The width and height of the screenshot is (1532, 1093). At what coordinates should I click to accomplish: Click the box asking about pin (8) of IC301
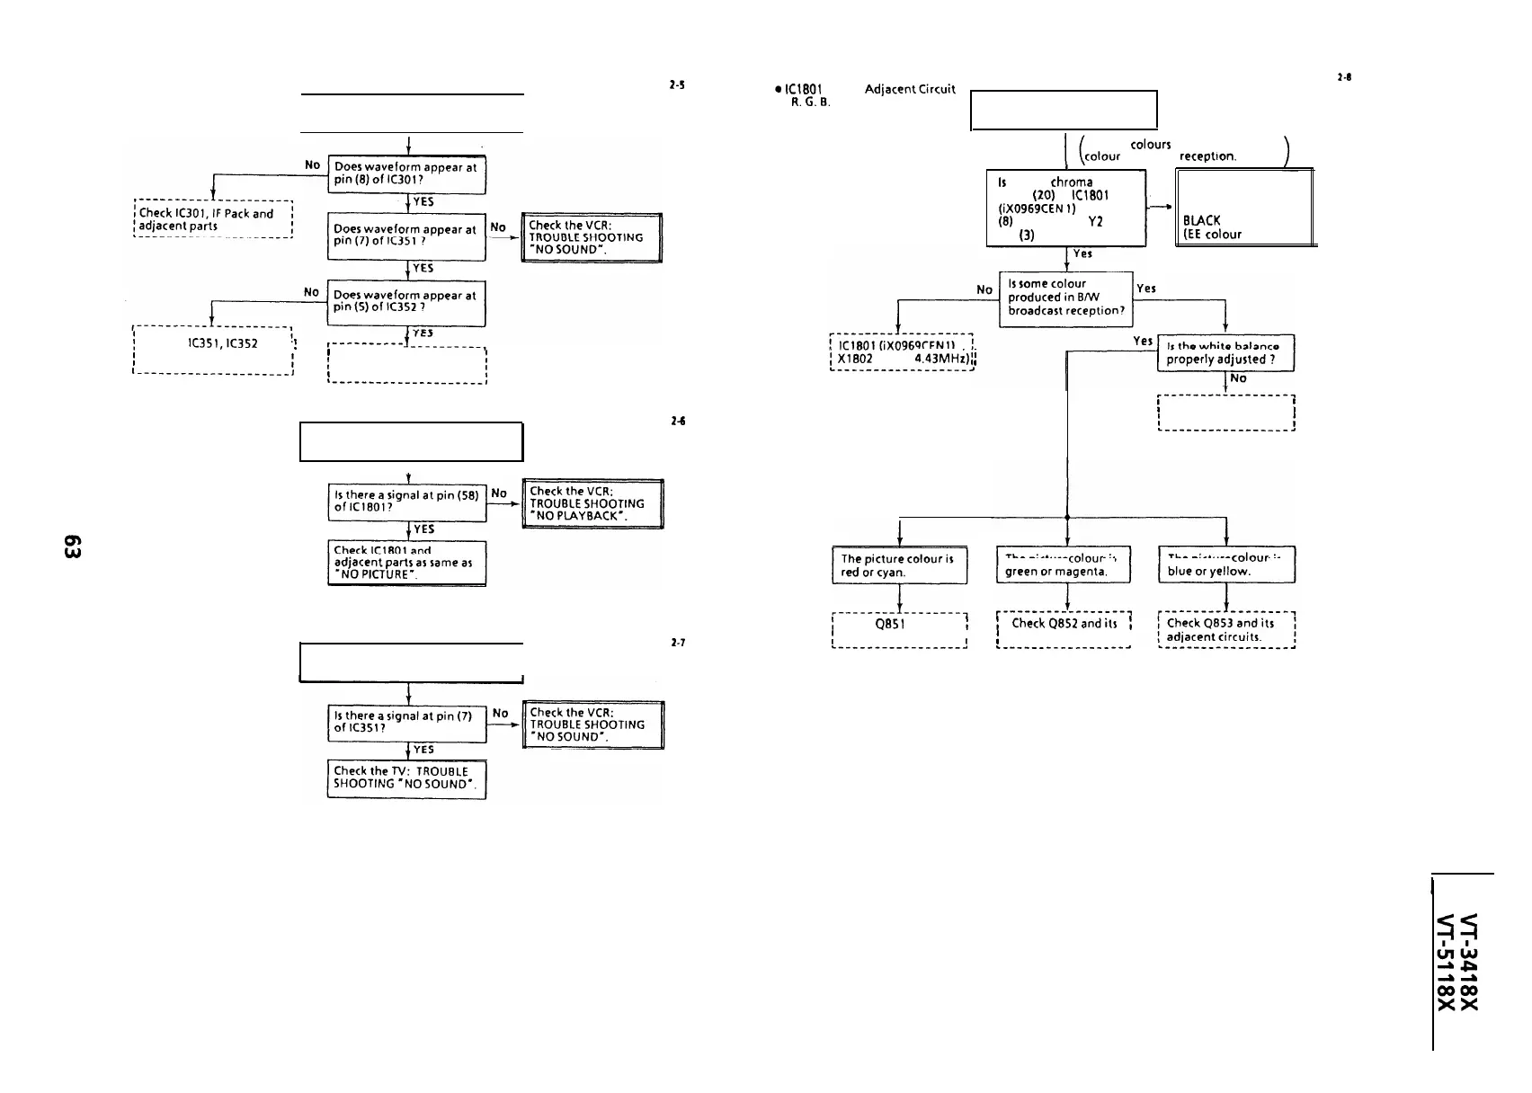406,173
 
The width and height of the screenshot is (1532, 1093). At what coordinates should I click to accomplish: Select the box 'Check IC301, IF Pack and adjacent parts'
213,219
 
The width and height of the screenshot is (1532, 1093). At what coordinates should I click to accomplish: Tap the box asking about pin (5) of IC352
406,302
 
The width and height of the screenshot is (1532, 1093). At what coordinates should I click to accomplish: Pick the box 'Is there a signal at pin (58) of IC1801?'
406,501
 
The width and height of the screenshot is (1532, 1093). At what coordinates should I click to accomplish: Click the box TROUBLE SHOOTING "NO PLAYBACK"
592,504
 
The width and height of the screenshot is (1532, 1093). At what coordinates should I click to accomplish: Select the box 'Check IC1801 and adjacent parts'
406,563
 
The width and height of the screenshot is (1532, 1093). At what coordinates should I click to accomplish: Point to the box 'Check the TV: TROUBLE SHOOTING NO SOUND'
406,778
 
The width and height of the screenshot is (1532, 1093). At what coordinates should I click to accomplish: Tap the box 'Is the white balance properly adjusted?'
1225,353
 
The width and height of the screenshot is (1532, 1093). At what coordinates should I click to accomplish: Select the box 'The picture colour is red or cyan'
899,565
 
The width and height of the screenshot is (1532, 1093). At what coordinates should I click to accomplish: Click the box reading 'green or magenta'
1065,565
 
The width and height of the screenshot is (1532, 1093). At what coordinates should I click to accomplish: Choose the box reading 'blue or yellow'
1226,565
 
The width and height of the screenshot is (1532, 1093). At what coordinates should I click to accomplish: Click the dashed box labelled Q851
899,629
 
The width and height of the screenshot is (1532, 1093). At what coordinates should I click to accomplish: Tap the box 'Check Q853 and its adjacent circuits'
1226,629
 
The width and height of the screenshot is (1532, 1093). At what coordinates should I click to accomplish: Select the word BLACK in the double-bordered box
1201,220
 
